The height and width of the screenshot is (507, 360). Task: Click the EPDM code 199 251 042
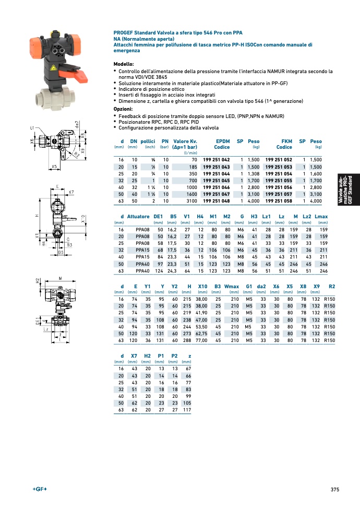(216, 160)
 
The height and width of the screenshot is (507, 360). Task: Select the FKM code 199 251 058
(279, 201)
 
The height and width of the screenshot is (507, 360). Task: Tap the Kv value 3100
(191, 201)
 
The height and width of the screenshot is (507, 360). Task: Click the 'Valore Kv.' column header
(185, 142)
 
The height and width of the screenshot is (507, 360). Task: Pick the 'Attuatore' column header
(138, 216)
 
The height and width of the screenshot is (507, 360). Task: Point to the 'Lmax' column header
(321, 216)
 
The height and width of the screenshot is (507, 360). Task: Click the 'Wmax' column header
(231, 287)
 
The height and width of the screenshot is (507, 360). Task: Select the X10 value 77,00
(201, 340)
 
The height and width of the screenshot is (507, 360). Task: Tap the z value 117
(187, 410)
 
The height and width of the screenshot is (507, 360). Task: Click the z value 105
(187, 403)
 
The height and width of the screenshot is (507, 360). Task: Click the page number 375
(335, 490)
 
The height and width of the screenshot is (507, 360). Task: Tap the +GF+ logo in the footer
(40, 489)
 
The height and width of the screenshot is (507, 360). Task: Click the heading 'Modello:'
(124, 64)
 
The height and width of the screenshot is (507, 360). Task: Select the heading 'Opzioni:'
(123, 109)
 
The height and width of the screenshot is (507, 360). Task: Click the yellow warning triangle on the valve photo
(54, 68)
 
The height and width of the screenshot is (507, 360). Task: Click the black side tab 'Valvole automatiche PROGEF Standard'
(349, 190)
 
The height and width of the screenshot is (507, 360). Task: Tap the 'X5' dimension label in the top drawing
(54, 167)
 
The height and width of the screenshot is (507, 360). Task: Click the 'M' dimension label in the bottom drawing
(61, 278)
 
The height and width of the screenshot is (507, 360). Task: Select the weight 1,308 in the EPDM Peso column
(254, 174)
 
